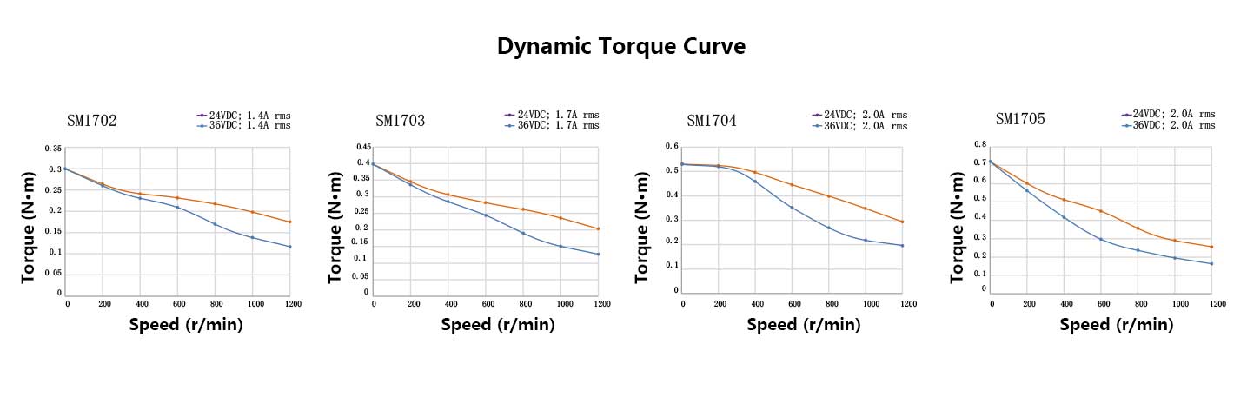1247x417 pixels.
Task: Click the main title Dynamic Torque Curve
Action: point(620,46)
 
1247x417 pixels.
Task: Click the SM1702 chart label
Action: point(92,121)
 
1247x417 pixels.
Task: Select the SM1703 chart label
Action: point(401,121)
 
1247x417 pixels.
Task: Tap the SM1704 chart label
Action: point(711,121)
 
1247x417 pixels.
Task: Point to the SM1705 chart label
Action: point(1020,118)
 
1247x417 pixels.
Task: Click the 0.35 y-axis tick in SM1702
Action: point(53,149)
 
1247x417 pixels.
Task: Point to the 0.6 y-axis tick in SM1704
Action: point(672,147)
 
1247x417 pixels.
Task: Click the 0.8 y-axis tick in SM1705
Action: point(980,144)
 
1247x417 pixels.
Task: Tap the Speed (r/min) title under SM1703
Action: point(497,325)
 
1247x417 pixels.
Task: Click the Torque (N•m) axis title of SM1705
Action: point(958,228)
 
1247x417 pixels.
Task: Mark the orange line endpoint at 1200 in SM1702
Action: point(289,222)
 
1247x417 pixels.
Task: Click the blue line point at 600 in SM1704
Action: point(792,207)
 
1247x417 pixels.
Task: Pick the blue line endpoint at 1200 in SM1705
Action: point(1211,264)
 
